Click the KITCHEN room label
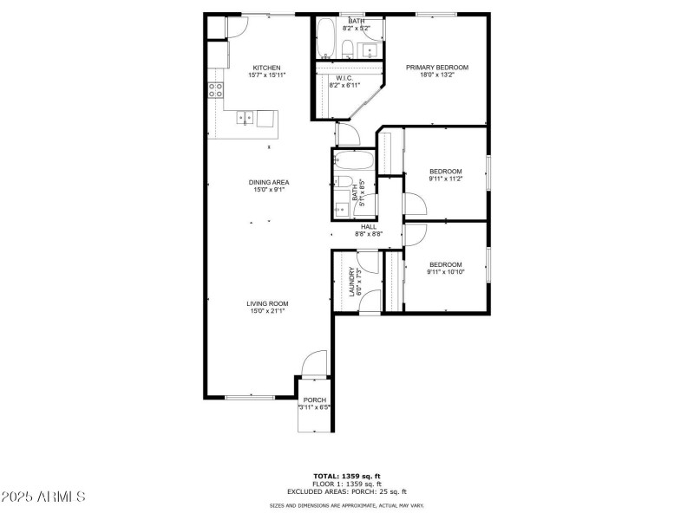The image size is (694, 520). tap(266, 68)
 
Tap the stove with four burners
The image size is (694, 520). tap(216, 91)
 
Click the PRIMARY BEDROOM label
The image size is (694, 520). tap(438, 68)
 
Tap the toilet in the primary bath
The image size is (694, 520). tap(346, 49)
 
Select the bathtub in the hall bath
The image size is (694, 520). tap(354, 161)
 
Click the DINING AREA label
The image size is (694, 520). tap(269, 182)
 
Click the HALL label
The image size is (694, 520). tap(369, 226)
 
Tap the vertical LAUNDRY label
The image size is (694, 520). tap(353, 282)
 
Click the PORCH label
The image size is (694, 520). tap(314, 400)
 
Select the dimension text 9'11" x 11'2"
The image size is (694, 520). tap(445, 179)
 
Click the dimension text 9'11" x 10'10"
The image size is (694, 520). tap(445, 272)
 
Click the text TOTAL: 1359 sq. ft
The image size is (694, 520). tap(346, 476)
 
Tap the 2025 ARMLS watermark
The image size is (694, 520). tap(43, 497)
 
